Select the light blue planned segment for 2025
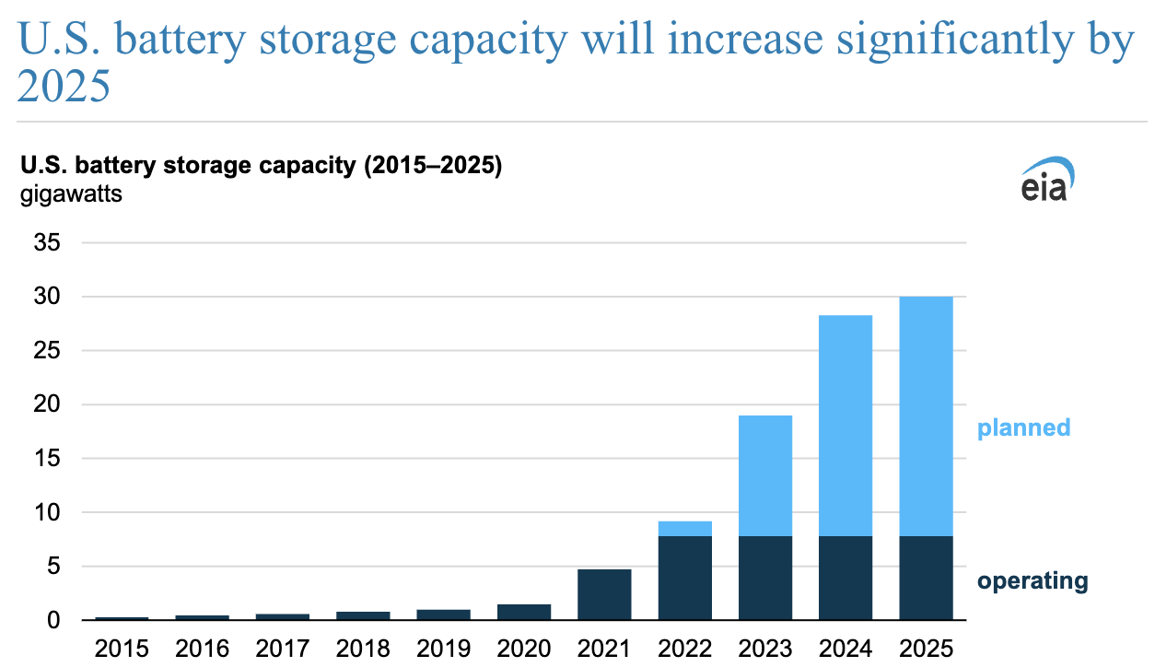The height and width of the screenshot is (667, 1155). tap(926, 416)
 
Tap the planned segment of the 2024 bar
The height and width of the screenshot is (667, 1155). tap(846, 426)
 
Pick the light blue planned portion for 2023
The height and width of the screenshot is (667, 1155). tap(765, 475)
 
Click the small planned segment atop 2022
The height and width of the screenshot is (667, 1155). tap(684, 529)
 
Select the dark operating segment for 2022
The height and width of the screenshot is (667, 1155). tap(684, 578)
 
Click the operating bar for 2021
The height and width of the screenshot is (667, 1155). tap(604, 594)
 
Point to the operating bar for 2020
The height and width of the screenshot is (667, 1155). tap(524, 612)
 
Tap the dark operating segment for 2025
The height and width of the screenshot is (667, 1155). tap(926, 578)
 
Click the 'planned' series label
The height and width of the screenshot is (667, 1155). tap(1024, 428)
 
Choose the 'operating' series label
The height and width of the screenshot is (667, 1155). tap(1032, 581)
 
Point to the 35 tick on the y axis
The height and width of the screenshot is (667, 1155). tap(47, 242)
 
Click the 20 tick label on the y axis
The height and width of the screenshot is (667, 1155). tap(47, 404)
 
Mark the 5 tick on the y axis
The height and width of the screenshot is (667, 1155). tap(53, 567)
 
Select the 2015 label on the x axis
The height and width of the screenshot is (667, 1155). tap(122, 649)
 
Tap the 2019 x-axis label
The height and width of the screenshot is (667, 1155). tap(443, 649)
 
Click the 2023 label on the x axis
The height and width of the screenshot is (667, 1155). tap(765, 649)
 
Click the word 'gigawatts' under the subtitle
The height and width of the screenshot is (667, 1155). tap(71, 195)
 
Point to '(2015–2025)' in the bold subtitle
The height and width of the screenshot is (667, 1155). tap(433, 166)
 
